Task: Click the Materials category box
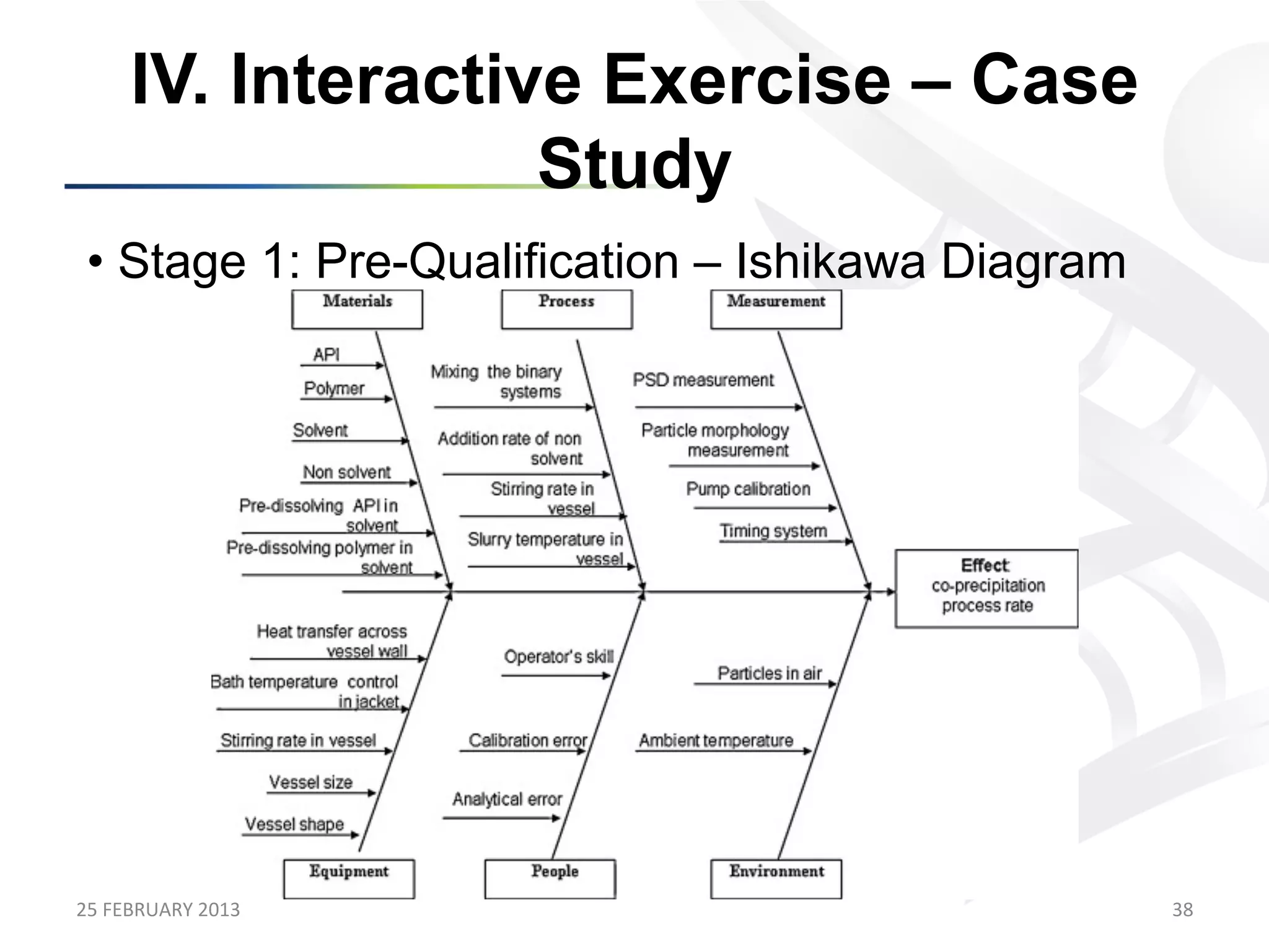[x=357, y=309]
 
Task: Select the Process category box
[x=566, y=309]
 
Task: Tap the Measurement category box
[x=776, y=309]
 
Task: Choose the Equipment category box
[x=349, y=878]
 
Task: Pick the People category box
[x=550, y=878]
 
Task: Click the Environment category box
[x=776, y=878]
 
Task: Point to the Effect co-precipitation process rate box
[x=986, y=588]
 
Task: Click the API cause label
[x=326, y=355]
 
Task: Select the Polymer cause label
[x=334, y=389]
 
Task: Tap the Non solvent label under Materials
[x=346, y=472]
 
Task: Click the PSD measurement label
[x=703, y=380]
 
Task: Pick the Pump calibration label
[x=748, y=489]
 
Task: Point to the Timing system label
[x=773, y=531]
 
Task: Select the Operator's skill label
[x=558, y=657]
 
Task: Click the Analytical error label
[x=507, y=800]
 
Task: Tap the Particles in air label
[x=770, y=673]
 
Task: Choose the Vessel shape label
[x=294, y=824]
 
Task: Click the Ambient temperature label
[x=716, y=741]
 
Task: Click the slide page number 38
[x=1182, y=909]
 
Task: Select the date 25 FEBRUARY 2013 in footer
[x=158, y=909]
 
